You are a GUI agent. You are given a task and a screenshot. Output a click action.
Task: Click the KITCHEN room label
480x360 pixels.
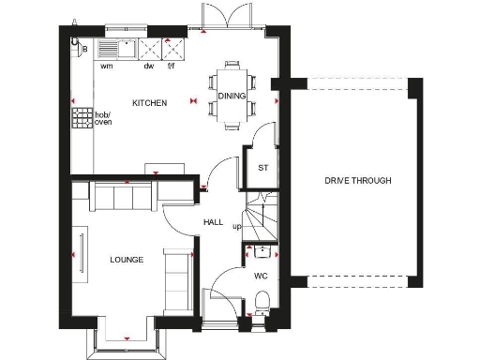pyautogui.click(x=149, y=103)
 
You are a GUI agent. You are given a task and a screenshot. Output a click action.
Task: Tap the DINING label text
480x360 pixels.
pyautogui.click(x=231, y=96)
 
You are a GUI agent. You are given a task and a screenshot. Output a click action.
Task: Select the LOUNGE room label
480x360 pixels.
pyautogui.click(x=127, y=259)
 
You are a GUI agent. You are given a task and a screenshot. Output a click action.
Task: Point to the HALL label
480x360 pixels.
pyautogui.click(x=213, y=222)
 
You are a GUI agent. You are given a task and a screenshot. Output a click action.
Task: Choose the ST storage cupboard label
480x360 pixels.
pyautogui.click(x=263, y=169)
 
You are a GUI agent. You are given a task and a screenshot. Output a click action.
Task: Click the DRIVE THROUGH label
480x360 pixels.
pyautogui.click(x=357, y=181)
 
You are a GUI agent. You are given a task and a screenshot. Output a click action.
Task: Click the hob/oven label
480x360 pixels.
pyautogui.click(x=104, y=118)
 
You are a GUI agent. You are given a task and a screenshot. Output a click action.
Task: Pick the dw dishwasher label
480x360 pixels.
pyautogui.click(x=148, y=67)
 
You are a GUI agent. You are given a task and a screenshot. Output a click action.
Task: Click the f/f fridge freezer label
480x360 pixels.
pyautogui.click(x=172, y=67)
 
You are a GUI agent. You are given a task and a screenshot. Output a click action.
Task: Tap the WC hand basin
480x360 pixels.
pyautogui.click(x=262, y=250)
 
